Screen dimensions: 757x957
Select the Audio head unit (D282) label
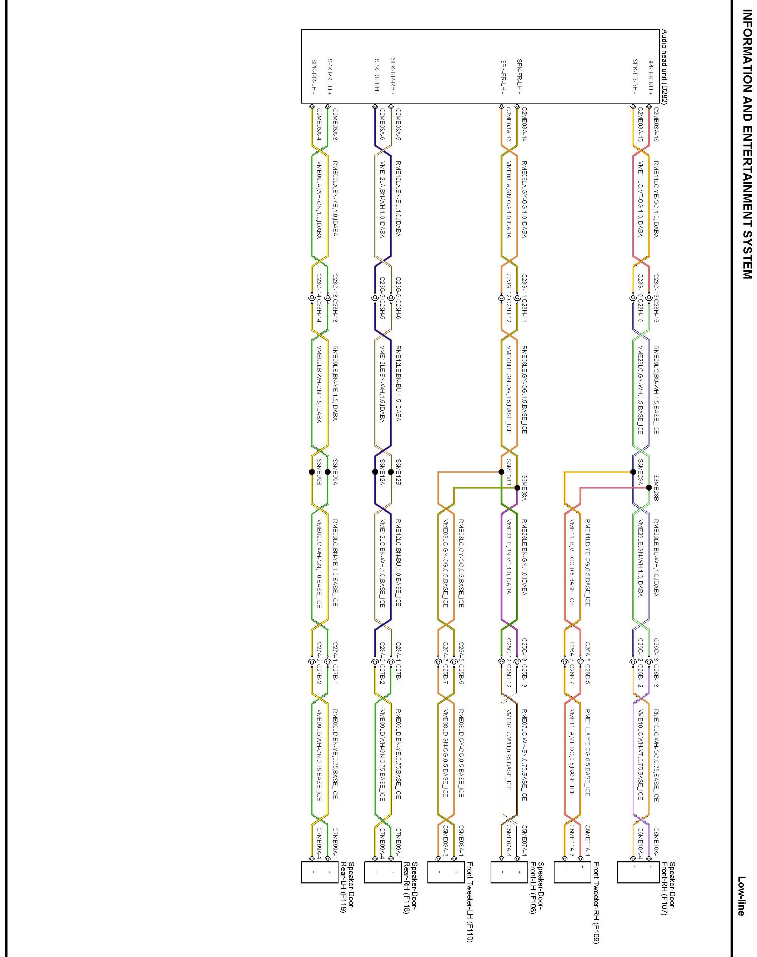[665, 66]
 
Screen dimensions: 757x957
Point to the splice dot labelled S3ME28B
[649, 487]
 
